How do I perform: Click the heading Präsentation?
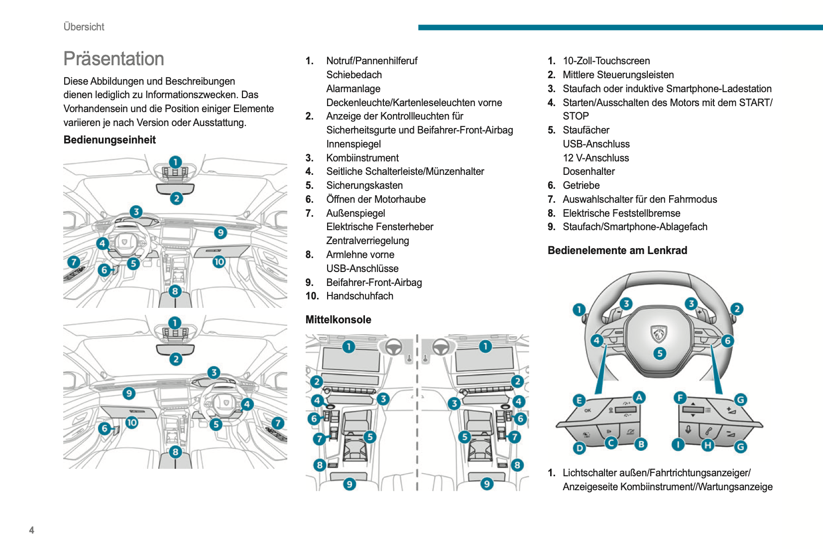[x=114, y=59]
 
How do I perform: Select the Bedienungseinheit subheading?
[x=110, y=140]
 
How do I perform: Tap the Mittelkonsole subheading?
[x=338, y=320]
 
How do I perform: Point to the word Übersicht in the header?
[x=84, y=27]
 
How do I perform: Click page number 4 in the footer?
[x=32, y=530]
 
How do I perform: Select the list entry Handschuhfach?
[x=359, y=296]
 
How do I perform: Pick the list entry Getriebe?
[x=581, y=185]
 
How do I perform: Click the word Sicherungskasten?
[x=364, y=185]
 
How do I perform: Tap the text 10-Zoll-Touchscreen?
[x=606, y=61]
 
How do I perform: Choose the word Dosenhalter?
[x=588, y=171]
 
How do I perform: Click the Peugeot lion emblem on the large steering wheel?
[x=659, y=334]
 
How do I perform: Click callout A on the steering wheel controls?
[x=639, y=397]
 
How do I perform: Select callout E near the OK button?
[x=579, y=400]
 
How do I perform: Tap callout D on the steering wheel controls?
[x=579, y=448]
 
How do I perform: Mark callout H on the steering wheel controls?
[x=707, y=445]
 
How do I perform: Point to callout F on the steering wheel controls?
[x=680, y=398]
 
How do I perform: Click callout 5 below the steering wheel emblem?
[x=660, y=354]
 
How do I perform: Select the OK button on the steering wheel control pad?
[x=588, y=411]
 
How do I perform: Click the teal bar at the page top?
[x=620, y=27]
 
